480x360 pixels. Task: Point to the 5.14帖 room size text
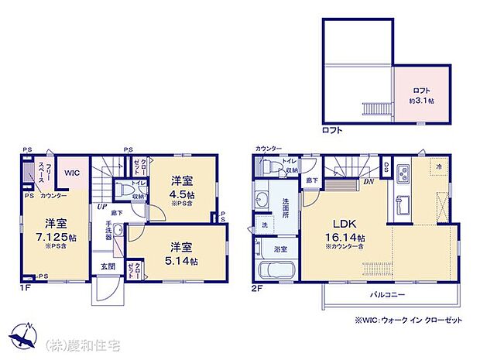182,262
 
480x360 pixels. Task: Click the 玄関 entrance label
107,266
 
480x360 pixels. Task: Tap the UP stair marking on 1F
101,207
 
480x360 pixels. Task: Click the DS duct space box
386,168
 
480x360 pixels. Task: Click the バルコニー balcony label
384,295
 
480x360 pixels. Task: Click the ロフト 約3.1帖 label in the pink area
421,95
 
